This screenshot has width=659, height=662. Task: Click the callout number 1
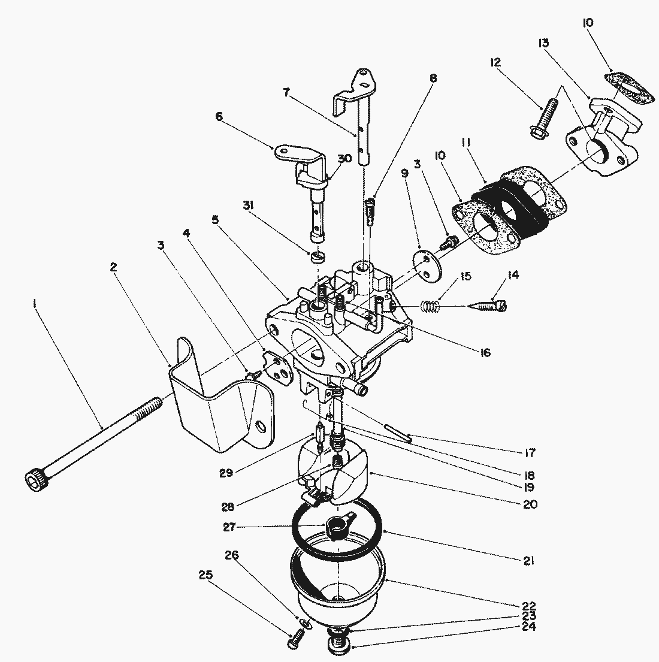(x=34, y=304)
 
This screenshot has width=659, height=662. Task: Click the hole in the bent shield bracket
(x=259, y=426)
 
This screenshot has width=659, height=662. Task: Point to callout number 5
(x=216, y=219)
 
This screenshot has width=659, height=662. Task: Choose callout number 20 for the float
(x=530, y=504)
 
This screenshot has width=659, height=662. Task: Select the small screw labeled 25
(x=295, y=639)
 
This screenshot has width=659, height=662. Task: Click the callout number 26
(x=232, y=555)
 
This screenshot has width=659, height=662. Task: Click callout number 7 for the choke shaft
(x=286, y=92)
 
